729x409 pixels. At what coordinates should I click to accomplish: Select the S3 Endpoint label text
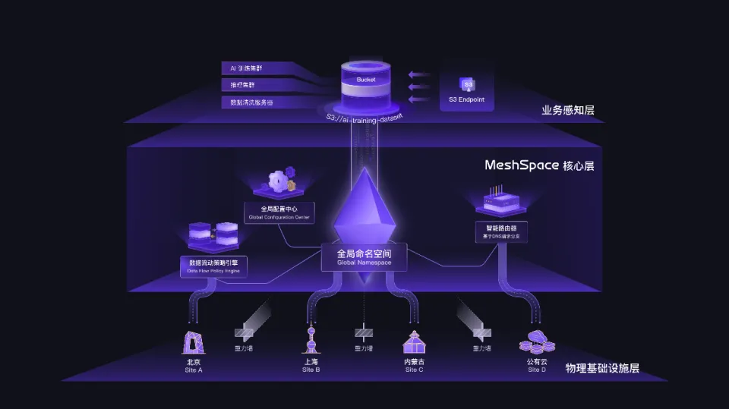tap(466, 100)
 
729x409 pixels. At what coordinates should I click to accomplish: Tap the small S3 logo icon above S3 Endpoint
tap(466, 84)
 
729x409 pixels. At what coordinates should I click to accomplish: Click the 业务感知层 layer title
tap(567, 111)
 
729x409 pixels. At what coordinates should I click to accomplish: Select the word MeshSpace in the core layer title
tap(521, 165)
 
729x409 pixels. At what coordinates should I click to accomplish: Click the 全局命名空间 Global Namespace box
tap(364, 257)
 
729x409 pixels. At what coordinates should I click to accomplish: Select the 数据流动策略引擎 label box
tap(213, 266)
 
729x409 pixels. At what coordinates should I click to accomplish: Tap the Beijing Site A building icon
tap(194, 343)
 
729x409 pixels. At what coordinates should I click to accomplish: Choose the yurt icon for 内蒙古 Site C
tap(414, 342)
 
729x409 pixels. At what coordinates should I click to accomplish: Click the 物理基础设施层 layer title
tap(602, 369)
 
